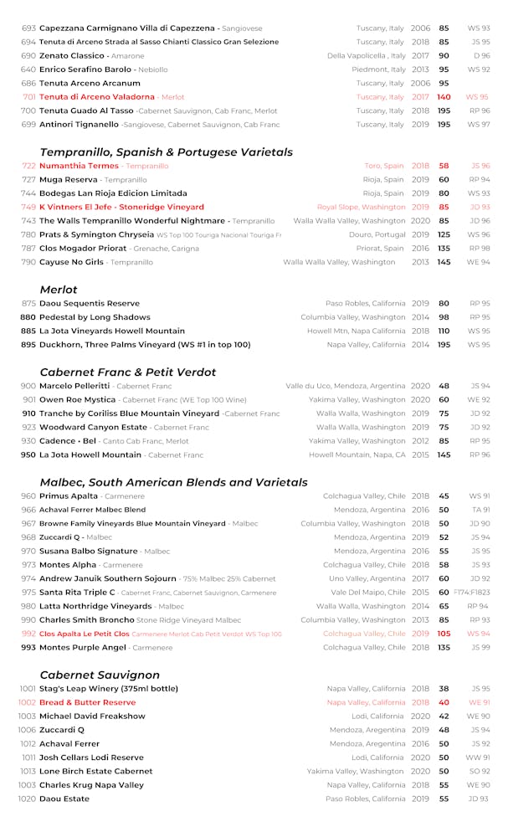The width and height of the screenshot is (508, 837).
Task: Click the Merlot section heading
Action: click(x=59, y=290)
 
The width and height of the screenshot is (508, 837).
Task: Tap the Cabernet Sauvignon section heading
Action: click(x=100, y=675)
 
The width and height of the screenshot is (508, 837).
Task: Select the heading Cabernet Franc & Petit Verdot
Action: click(x=127, y=372)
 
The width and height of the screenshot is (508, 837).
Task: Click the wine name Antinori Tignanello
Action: click(x=79, y=125)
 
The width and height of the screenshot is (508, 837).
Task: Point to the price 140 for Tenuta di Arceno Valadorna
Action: click(x=444, y=97)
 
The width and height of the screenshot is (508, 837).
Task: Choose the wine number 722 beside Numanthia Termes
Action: click(x=28, y=166)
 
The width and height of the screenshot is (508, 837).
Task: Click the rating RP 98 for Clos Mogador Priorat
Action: click(x=479, y=249)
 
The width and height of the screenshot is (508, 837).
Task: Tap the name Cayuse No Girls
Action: click(x=71, y=262)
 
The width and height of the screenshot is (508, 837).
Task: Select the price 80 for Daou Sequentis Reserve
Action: click(x=444, y=303)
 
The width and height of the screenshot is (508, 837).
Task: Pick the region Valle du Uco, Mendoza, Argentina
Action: click(x=346, y=386)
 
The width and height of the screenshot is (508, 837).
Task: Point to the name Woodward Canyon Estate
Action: click(x=93, y=427)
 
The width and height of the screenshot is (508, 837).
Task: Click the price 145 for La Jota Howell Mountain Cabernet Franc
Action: click(x=444, y=454)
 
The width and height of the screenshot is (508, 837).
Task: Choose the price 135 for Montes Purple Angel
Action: click(x=444, y=647)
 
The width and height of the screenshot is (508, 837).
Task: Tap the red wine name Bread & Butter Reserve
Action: click(x=87, y=702)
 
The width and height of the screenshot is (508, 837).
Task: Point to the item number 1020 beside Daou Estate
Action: click(x=27, y=798)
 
